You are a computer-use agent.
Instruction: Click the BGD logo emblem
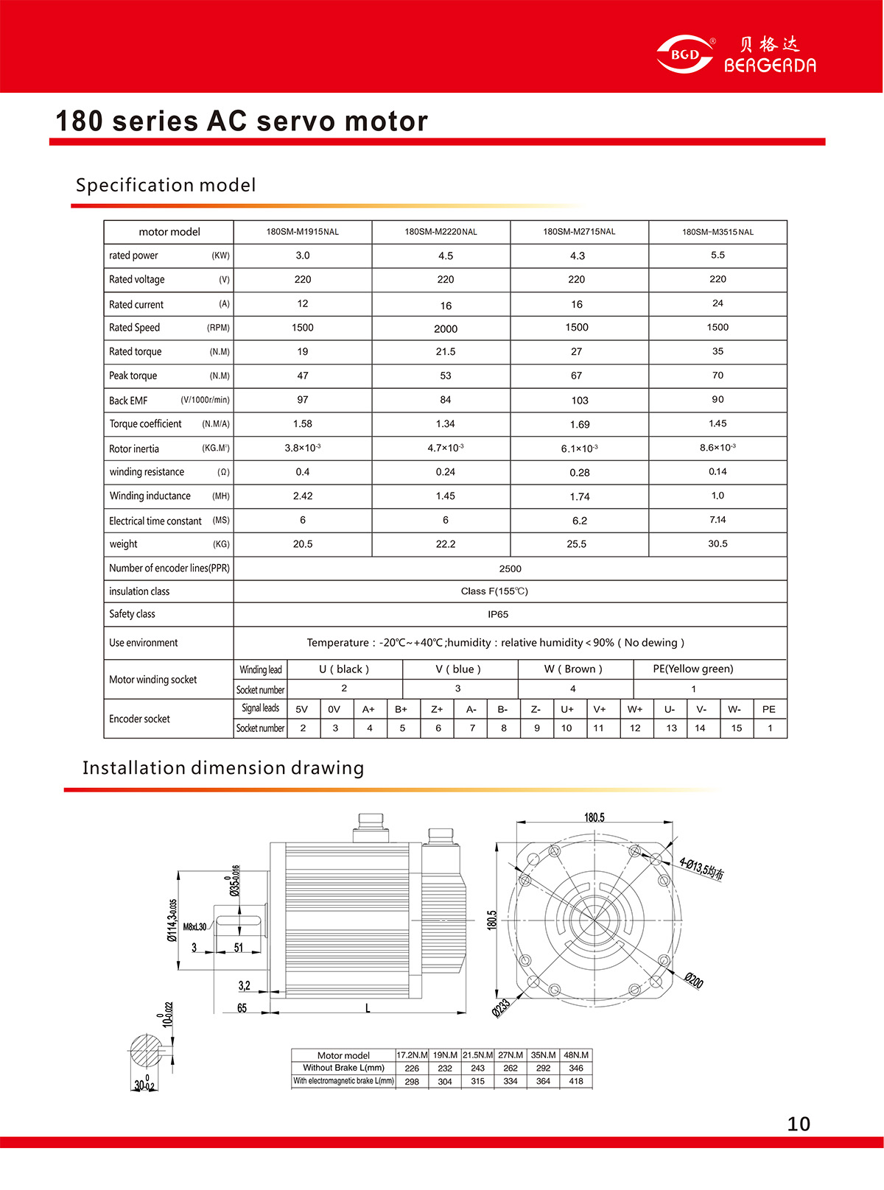[684, 54]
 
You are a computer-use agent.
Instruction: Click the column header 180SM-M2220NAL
[441, 232]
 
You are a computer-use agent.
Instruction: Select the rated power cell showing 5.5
[718, 256]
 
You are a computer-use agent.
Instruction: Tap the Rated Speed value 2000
[445, 329]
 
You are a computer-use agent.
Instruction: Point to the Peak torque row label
[133, 376]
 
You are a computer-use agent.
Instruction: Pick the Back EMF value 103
[580, 401]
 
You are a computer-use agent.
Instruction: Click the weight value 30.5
[718, 544]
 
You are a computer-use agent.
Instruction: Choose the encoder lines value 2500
[510, 569]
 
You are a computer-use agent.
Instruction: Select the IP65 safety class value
[498, 614]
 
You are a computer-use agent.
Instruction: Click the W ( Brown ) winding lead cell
[573, 669]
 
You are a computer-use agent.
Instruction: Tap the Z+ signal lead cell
[437, 710]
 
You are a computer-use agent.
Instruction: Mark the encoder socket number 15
[736, 728]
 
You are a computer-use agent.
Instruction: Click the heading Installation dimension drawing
[223, 768]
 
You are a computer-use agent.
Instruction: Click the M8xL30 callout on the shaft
[194, 927]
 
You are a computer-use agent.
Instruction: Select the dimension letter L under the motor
[368, 1008]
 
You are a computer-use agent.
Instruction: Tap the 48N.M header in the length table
[576, 1055]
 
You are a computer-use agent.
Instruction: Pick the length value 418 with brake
[576, 1082]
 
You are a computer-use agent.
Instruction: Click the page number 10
[799, 1124]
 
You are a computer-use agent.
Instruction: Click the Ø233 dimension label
[502, 1007]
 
